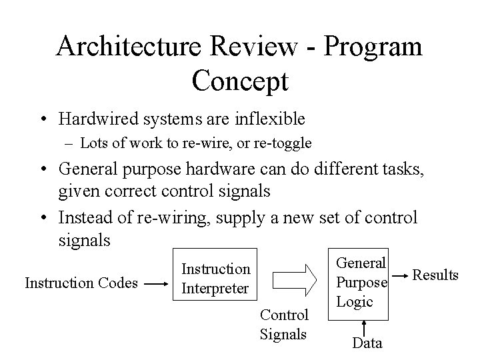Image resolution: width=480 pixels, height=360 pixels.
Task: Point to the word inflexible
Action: (265, 119)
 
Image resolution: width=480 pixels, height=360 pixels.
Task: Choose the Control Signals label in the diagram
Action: (284, 323)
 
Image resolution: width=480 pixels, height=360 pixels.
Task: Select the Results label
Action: (436, 274)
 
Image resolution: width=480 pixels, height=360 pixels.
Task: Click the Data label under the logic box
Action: (367, 343)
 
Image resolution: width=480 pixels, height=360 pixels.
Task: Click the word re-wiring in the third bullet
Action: (169, 217)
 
